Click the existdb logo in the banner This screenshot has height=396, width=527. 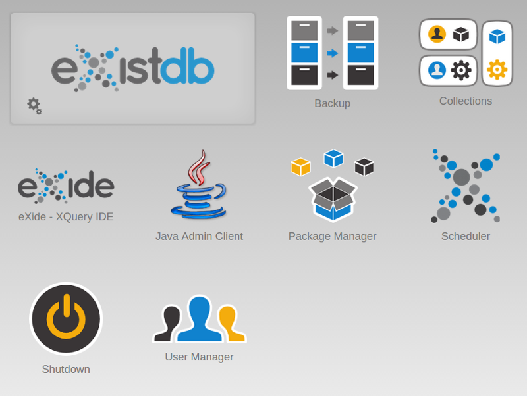[132, 68]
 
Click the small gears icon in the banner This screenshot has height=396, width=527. [34, 105]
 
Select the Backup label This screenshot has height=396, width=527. [332, 103]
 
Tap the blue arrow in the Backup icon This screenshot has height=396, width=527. [333, 53]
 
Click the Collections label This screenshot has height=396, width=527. [466, 101]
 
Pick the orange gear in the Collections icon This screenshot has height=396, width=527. [497, 69]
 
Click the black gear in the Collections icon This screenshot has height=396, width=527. [461, 70]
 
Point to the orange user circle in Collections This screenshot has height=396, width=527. [437, 34]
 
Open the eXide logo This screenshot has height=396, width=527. [66, 186]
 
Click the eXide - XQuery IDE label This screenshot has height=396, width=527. [66, 216]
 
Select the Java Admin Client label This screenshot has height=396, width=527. [199, 236]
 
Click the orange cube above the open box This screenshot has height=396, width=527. [300, 166]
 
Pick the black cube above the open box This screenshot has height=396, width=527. [364, 166]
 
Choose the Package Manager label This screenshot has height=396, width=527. [332, 236]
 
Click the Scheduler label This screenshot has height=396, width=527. [466, 236]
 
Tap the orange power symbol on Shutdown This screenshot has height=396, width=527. [66, 319]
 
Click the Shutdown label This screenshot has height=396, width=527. [66, 369]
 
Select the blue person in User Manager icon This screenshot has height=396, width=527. [199, 318]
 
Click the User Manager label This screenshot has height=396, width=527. [199, 357]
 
